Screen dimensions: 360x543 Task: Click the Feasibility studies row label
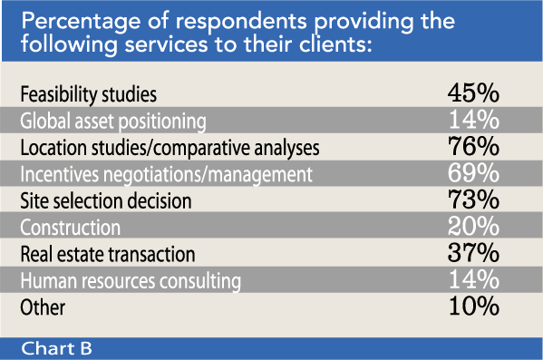point(88,93)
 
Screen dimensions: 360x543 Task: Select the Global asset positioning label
point(113,120)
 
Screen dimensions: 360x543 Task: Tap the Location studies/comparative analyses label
point(169,146)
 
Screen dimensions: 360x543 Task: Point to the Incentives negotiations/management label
point(165,172)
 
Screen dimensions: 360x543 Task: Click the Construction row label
point(70,226)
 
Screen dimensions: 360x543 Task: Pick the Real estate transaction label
point(108,253)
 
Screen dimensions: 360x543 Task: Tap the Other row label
point(42,306)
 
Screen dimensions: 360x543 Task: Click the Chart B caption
point(56,348)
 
